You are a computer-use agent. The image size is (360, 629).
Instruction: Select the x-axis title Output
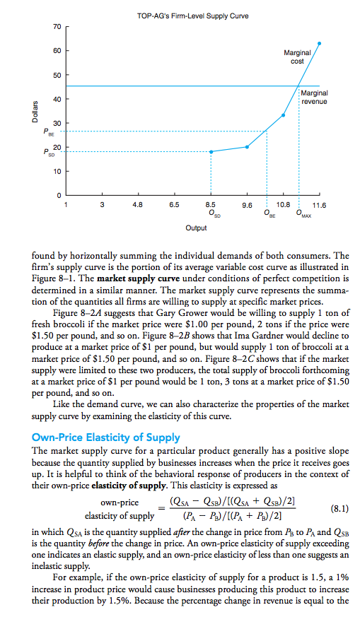[x=196, y=228]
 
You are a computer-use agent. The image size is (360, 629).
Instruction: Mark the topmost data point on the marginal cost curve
[x=319, y=44]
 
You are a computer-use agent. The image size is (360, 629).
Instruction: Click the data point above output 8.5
[x=211, y=152]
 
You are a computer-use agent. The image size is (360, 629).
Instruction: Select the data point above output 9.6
[x=247, y=147]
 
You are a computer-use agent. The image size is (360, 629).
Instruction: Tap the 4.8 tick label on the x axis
[x=137, y=204]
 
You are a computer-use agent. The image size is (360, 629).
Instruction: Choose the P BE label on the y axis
[x=47, y=131]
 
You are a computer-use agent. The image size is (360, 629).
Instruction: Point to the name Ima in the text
[x=207, y=349]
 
